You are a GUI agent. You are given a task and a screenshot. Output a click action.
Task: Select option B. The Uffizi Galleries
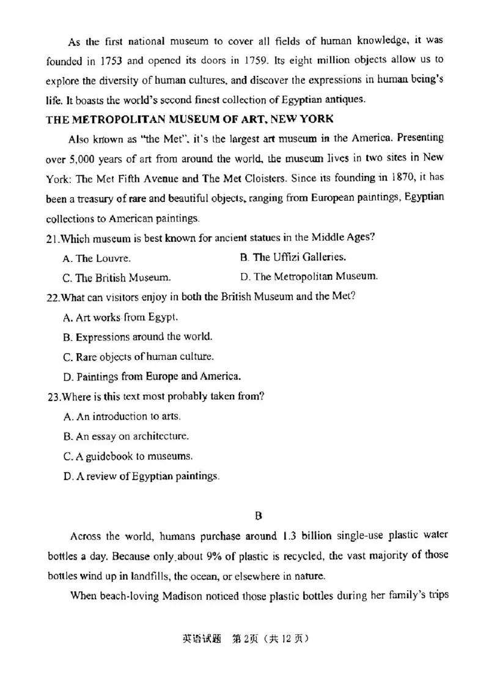tap(293, 257)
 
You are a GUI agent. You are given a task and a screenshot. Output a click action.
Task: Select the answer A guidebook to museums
tap(120, 455)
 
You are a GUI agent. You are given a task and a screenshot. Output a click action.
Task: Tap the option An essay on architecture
tap(126, 436)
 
